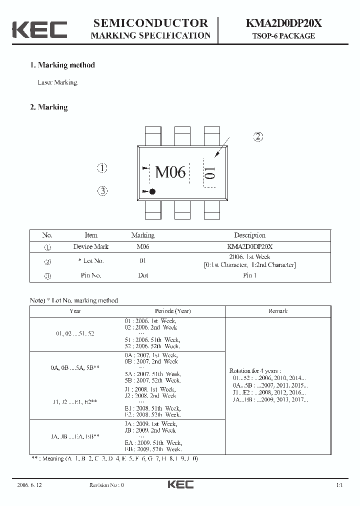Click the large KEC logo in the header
click(39, 29)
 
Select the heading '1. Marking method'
click(62, 65)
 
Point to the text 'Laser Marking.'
click(58, 82)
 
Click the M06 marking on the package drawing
click(170, 172)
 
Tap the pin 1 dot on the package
click(152, 191)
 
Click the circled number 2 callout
click(258, 136)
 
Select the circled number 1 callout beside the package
click(102, 168)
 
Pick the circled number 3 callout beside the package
click(102, 190)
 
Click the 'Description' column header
click(249, 235)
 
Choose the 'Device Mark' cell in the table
click(90, 246)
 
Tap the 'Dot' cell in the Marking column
click(143, 275)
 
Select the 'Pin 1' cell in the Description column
click(249, 275)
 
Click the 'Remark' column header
click(277, 311)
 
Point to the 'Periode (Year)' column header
click(172, 311)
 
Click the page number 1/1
click(339, 485)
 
